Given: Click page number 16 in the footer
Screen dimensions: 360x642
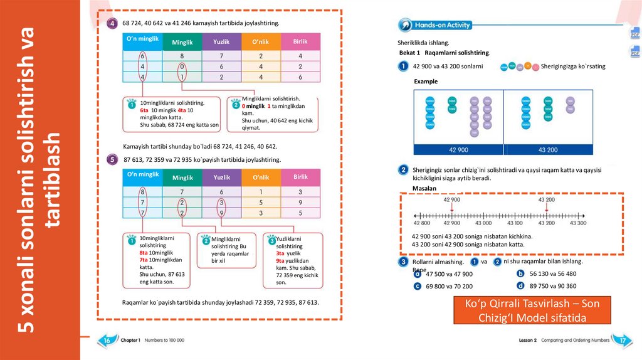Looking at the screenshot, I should (x=107, y=340).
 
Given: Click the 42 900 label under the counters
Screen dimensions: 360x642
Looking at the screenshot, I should (x=458, y=150).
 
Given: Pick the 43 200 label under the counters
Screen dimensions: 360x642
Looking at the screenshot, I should (x=548, y=150).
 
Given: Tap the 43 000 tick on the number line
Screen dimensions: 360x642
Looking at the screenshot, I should (x=483, y=223).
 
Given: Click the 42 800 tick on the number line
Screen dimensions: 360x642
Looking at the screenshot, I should (x=421, y=223).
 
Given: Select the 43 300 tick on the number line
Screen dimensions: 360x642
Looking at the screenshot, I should (x=577, y=223).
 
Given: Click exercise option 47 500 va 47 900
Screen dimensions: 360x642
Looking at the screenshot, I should (x=449, y=274).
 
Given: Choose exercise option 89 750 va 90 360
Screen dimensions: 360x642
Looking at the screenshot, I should (x=553, y=285).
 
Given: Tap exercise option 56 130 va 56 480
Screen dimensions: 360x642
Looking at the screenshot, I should (x=553, y=273).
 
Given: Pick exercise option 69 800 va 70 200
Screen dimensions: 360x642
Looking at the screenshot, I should (x=449, y=286).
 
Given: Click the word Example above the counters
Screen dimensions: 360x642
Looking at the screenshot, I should (x=426, y=82).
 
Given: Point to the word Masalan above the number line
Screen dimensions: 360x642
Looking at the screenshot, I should (x=424, y=188).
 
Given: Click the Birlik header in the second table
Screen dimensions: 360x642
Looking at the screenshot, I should (x=300, y=177).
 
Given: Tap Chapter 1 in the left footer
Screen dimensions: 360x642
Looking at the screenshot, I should (x=130, y=340).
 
